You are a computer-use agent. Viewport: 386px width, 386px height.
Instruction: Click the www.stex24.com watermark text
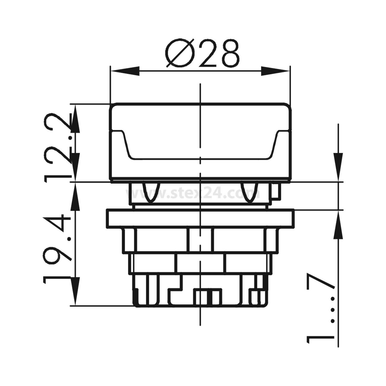point(193,193)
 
